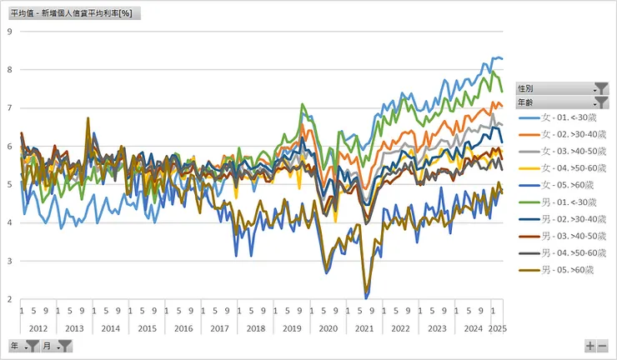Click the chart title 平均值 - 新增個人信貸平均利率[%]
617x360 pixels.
73,13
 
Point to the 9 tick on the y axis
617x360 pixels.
9,32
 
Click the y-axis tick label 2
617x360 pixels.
9,299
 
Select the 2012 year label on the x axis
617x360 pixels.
38,328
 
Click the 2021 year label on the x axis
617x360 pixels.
364,328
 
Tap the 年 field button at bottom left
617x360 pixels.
23,346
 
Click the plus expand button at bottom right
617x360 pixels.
590,346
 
